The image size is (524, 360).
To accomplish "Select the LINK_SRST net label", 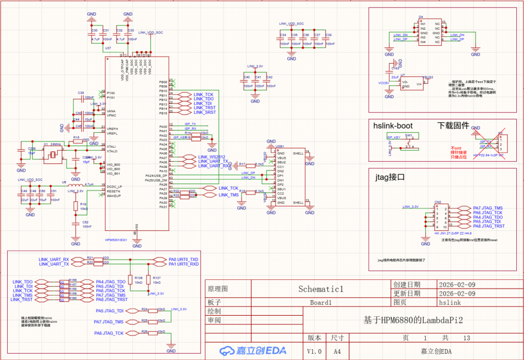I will (x=204, y=112).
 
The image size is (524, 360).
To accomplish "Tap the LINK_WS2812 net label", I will (x=211, y=157).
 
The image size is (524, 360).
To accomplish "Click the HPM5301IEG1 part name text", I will (x=116, y=239).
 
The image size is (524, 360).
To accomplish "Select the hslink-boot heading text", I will (x=393, y=125).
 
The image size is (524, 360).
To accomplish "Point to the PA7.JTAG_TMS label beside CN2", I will (x=488, y=208).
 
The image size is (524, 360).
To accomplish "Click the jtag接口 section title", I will (x=389, y=177).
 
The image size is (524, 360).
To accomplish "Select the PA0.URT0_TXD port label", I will (x=183, y=259).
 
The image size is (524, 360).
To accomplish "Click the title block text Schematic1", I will (x=322, y=289).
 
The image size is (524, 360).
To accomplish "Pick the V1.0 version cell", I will (x=315, y=352).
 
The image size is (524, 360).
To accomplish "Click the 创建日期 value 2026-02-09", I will (x=457, y=285).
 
